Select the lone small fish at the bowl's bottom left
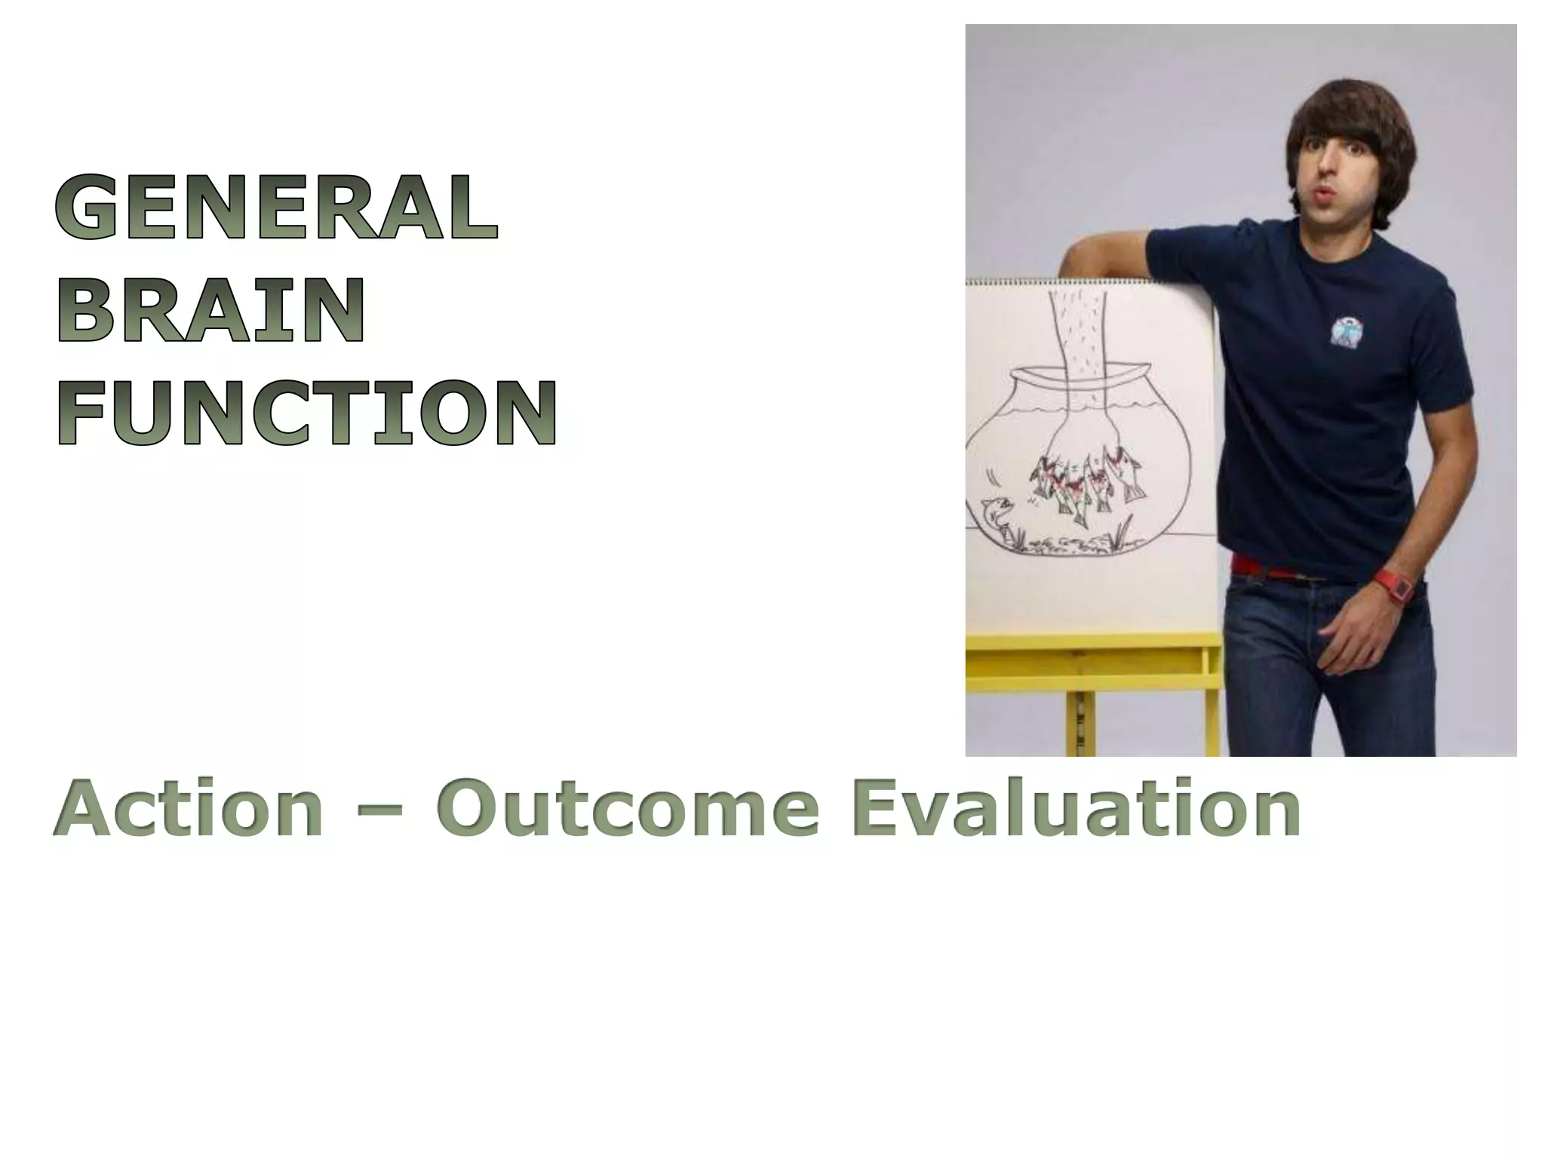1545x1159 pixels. coord(997,514)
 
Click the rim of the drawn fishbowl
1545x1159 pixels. coord(1079,372)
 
